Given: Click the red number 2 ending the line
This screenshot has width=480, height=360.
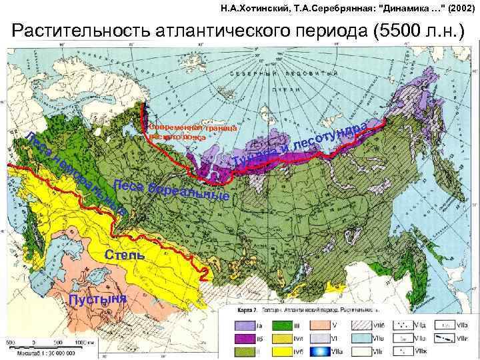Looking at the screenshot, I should (205, 273).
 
